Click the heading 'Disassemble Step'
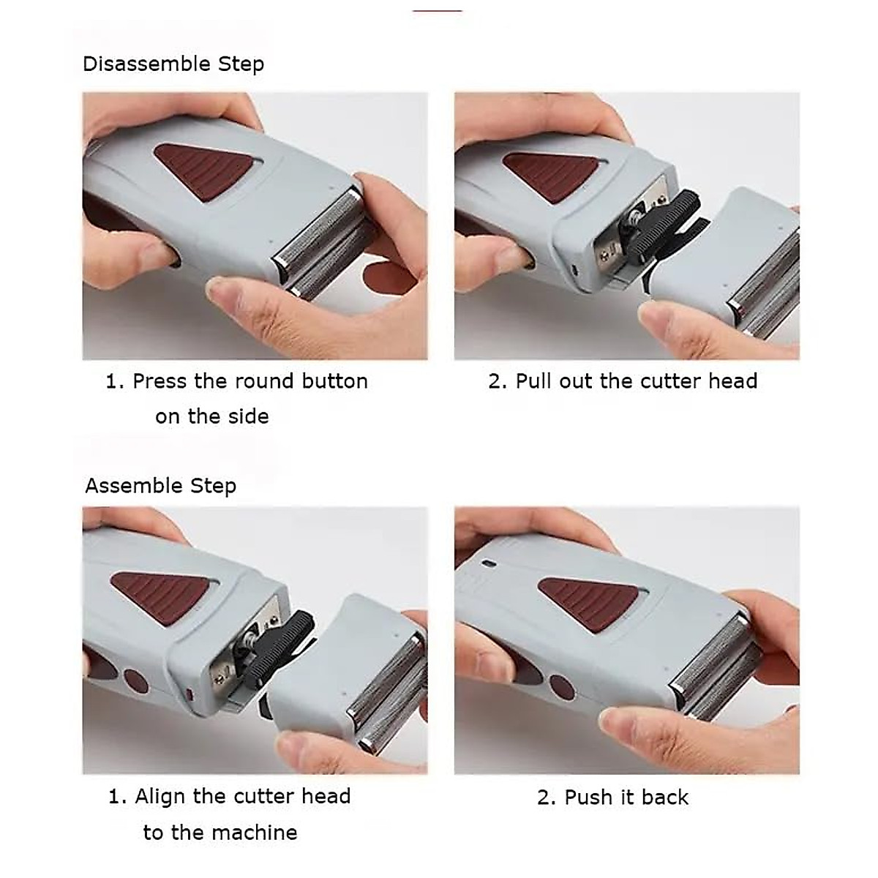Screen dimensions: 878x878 coord(173,64)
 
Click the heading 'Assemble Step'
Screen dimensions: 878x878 coord(160,486)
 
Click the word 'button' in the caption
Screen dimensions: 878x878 coord(334,381)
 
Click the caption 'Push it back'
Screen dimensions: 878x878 coord(612,797)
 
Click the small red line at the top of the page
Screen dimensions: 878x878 coord(437,10)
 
